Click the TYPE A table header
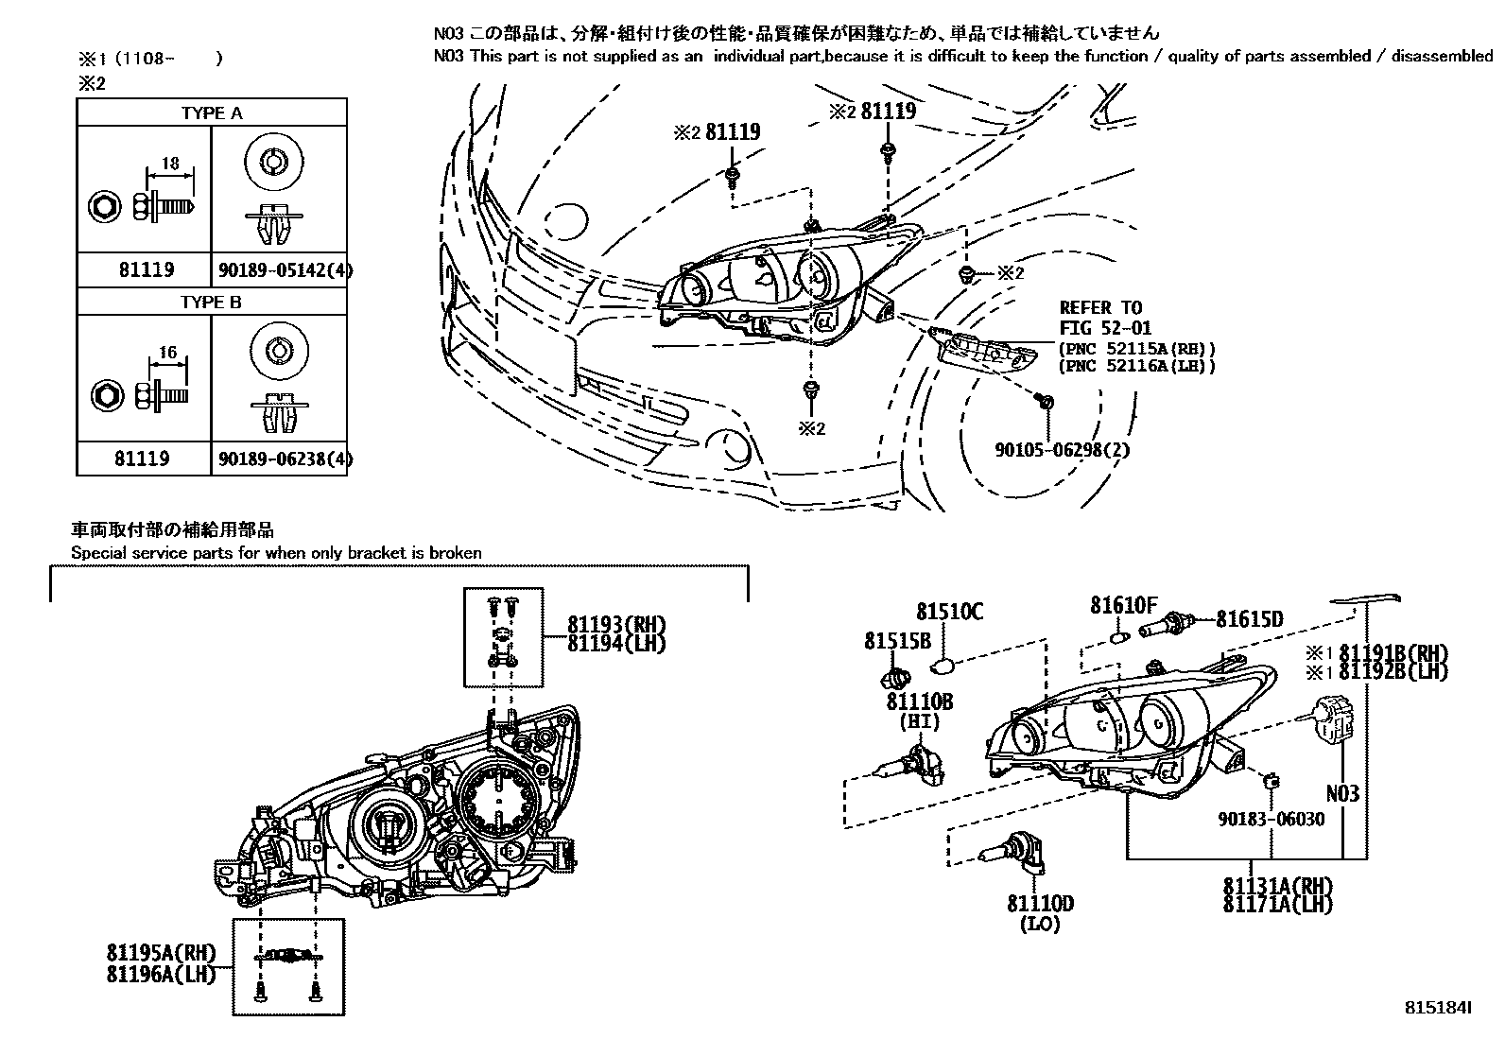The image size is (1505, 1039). pos(212,113)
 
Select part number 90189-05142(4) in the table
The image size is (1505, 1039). pos(285,270)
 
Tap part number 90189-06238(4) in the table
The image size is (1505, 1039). pos(285,459)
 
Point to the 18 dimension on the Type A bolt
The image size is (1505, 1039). pos(170,164)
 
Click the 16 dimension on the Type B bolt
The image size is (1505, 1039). pos(167,353)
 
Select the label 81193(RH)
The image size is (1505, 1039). pos(616,624)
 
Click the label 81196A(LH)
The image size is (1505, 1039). pos(161,974)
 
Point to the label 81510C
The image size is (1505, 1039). pos(949,613)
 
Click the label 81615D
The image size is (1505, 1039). pos(1249,619)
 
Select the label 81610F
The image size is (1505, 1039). pos(1123,605)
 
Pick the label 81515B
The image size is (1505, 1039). pos(897,641)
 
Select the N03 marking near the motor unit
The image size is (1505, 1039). pos(1341,793)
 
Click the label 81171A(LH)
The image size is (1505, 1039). pos(1277,905)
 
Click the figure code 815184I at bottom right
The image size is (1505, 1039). pos(1435,1009)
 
